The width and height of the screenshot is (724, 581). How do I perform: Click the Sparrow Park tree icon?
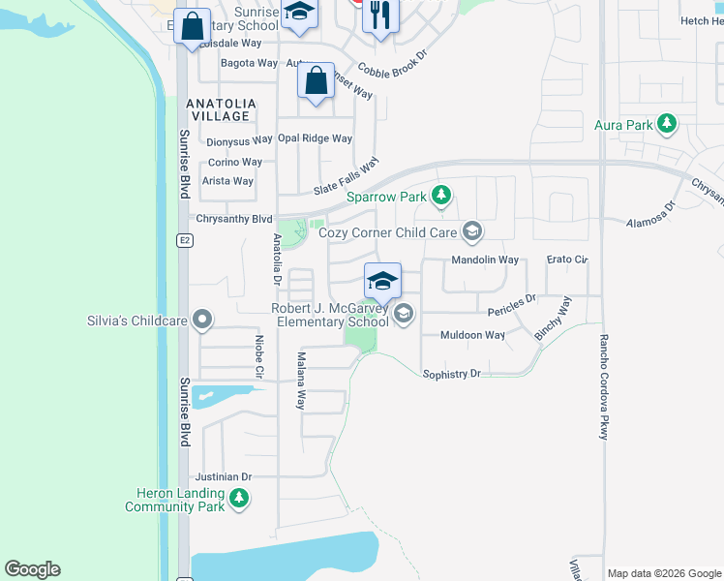441,197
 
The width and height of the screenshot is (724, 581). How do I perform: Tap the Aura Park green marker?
666,124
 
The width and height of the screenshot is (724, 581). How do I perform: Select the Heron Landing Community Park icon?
238,500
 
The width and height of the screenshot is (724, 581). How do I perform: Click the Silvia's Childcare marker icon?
202,319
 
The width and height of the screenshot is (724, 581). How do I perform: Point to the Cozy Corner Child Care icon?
471,230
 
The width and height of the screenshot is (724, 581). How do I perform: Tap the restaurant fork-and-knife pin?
380,16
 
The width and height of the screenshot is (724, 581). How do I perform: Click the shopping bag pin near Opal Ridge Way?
317,81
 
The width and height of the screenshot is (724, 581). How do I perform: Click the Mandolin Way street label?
485,260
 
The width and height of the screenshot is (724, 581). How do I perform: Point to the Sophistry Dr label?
451,373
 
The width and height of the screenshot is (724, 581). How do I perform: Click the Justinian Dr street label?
224,476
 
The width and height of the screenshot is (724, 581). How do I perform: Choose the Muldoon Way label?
472,335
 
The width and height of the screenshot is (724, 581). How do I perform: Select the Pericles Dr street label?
511,306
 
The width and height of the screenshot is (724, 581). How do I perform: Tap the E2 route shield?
183,241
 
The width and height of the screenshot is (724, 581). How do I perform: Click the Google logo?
32,569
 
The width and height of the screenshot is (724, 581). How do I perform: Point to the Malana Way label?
301,381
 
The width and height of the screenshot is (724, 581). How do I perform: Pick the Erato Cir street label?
567,260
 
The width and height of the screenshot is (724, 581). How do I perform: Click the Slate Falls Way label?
346,178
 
